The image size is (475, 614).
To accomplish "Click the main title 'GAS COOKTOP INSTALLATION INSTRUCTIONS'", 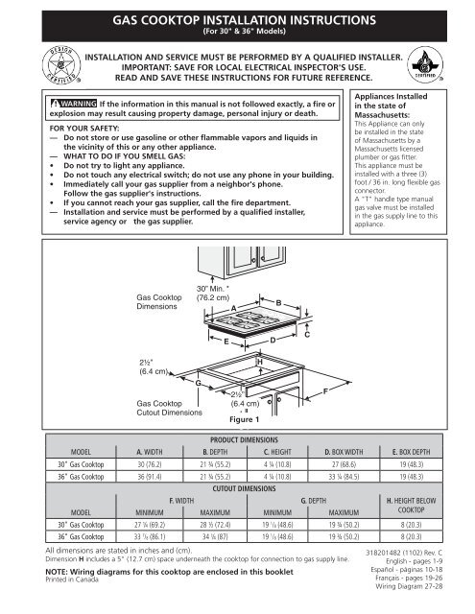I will click(238, 17).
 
